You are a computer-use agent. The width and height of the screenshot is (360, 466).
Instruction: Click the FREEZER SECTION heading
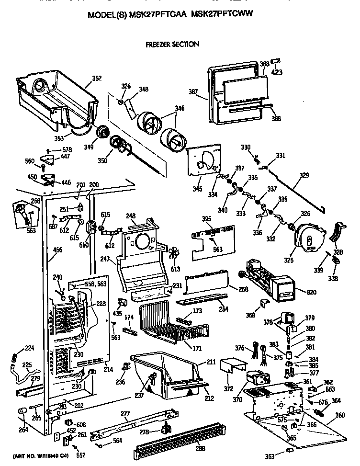172,44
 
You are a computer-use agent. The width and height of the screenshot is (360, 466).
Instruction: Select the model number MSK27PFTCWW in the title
221,15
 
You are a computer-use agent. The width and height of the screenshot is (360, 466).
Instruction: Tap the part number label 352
96,79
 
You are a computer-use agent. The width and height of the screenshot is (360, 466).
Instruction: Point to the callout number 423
277,72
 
